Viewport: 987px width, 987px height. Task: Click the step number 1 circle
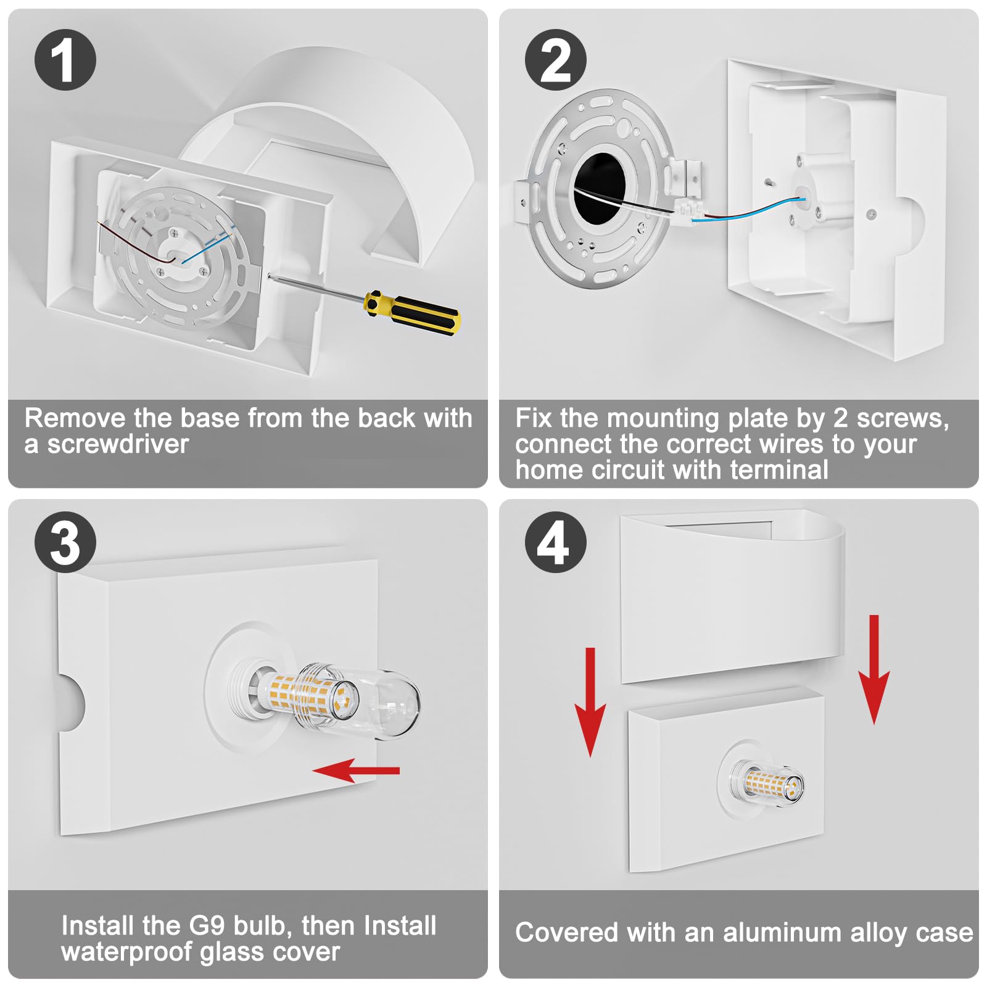[x=65, y=60]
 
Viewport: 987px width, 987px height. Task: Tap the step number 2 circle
[x=555, y=60]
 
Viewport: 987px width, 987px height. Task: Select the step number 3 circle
[x=65, y=542]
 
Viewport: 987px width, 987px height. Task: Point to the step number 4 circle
[x=555, y=542]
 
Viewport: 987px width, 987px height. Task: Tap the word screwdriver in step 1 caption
[x=118, y=444]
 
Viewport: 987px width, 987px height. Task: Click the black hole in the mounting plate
[x=599, y=188]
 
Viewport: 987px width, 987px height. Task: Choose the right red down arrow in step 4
[x=873, y=669]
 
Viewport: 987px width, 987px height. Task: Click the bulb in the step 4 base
[x=772, y=786]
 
